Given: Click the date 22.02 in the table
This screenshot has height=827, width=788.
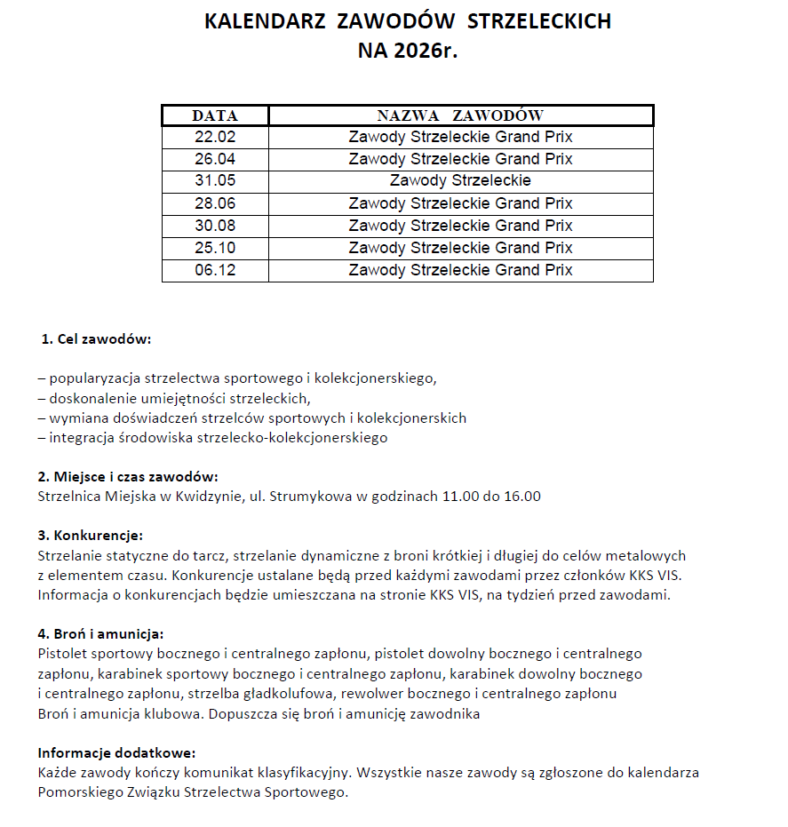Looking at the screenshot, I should (215, 138).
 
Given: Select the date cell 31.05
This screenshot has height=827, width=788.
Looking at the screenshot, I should (215, 181).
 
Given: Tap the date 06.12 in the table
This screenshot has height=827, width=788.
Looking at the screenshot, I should (215, 270).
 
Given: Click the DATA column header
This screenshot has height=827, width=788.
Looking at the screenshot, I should (215, 115).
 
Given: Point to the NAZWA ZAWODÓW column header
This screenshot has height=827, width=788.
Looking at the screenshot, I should (460, 115).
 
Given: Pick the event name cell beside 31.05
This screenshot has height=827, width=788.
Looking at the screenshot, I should (460, 181).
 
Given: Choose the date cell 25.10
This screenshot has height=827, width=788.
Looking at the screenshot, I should (215, 248).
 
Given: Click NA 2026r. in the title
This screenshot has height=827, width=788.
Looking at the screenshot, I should (407, 51).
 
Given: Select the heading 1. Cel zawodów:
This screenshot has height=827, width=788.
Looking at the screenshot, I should (96, 339).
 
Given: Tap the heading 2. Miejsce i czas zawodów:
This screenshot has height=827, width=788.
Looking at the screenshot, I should (128, 477).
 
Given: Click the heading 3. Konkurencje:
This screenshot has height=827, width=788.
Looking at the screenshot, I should (91, 536).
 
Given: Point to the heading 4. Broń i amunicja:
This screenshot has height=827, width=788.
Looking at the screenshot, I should (100, 634).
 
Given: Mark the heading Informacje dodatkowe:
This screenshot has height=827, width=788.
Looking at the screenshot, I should (116, 753).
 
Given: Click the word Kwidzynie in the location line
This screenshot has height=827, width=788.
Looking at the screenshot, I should (209, 497).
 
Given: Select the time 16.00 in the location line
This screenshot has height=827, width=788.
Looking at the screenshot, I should (521, 497).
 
